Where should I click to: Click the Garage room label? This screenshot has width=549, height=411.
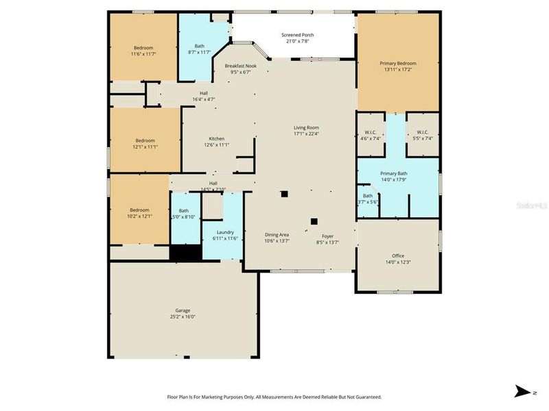183,310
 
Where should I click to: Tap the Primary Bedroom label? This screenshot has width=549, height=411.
398,63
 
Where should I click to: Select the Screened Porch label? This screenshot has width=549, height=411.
298,35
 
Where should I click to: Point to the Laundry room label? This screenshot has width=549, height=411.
225,232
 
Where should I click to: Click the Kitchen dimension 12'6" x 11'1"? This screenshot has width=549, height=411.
216,145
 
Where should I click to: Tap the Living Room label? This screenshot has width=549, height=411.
306,127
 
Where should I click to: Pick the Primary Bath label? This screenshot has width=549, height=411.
397,173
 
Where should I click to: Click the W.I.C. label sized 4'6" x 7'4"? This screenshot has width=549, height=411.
371,132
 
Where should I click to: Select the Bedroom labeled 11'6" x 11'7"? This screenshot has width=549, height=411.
143,47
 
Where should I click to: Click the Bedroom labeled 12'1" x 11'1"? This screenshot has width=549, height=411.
145,140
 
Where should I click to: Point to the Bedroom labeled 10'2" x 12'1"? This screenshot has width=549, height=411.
140,210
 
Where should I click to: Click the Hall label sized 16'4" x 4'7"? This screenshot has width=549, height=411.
203,93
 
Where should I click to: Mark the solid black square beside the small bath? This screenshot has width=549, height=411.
185,252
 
